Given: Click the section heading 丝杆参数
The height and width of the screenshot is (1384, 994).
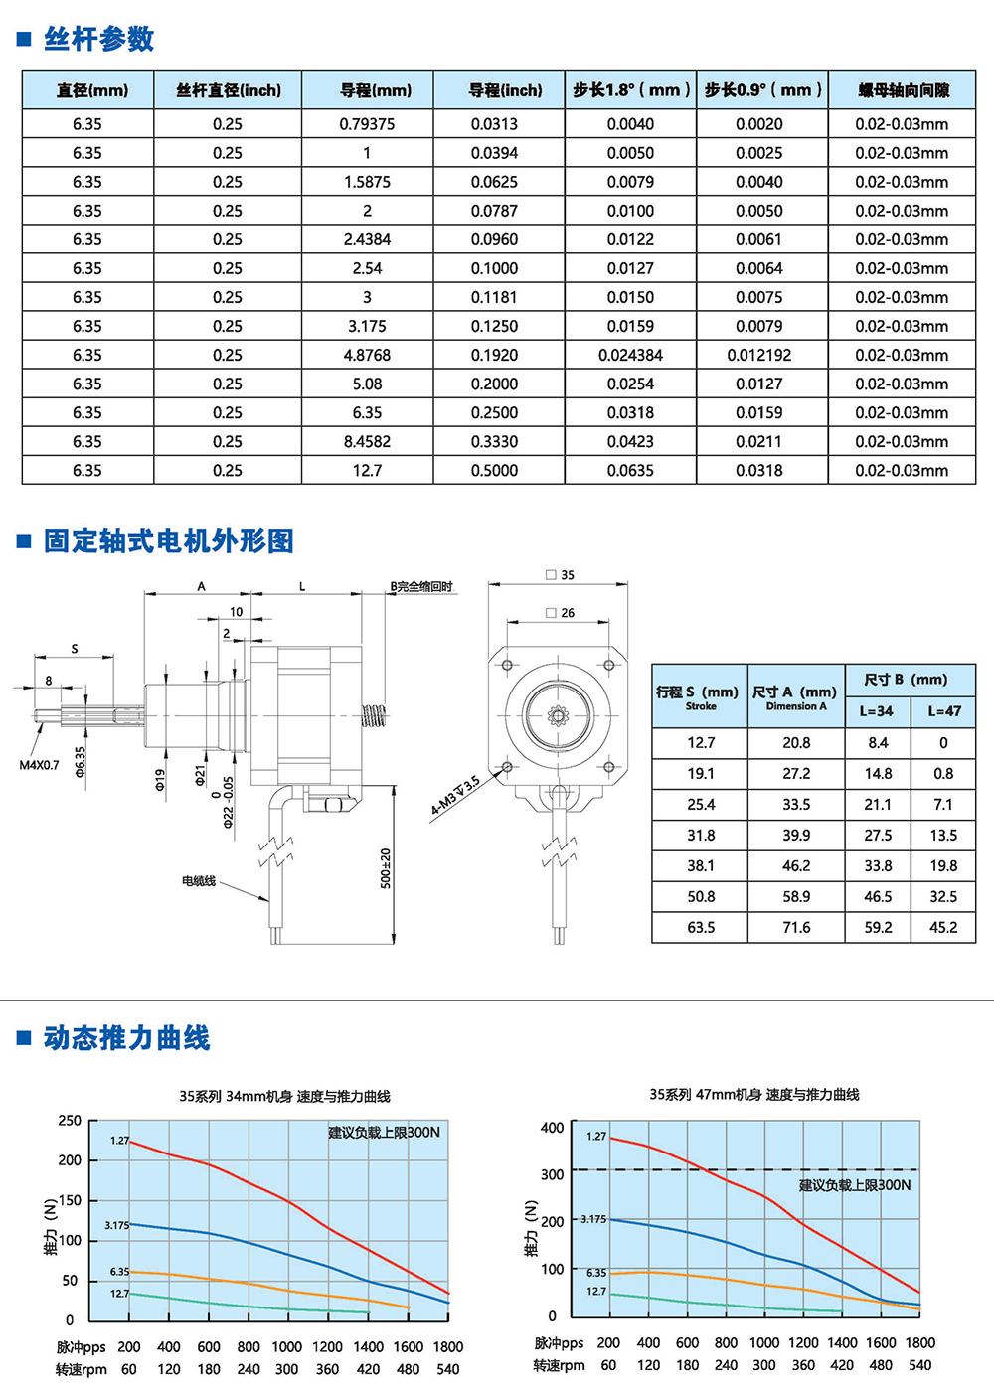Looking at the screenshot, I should [98, 39].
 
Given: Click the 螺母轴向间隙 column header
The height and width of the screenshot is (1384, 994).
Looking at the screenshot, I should [903, 90].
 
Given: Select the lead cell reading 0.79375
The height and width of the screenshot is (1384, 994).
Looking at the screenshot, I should [367, 124].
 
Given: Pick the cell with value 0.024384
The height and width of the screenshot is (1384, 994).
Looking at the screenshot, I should [630, 355].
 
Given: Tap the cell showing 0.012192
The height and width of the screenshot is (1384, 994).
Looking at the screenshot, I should [759, 355].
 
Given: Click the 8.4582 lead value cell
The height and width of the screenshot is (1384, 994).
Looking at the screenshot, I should [367, 441].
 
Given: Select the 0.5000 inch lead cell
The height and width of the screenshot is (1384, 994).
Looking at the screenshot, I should [494, 470].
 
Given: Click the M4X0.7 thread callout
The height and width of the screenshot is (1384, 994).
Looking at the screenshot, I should [39, 765].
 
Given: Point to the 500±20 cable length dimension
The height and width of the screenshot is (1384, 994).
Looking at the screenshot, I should [386, 867].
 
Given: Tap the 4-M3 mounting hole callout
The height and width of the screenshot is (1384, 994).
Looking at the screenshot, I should [455, 795].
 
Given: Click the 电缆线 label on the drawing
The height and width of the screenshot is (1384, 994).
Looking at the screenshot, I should [198, 881].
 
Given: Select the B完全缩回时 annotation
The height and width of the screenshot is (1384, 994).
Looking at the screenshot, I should [421, 587].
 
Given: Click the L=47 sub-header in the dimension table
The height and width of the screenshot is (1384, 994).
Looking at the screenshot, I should [943, 711].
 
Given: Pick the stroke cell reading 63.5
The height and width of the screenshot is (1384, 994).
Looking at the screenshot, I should [701, 927].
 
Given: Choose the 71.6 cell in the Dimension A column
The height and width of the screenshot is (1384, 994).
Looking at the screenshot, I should [796, 927].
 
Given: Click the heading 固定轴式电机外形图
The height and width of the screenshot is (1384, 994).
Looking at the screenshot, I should [168, 540].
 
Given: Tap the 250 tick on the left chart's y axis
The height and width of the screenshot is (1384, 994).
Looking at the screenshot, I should [70, 1121].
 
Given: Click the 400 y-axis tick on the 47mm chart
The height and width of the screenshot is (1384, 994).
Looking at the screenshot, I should [552, 1128].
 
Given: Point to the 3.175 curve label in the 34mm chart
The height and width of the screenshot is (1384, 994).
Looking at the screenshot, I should [116, 1225].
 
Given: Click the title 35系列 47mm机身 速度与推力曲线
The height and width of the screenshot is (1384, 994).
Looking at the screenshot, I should [754, 1094].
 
